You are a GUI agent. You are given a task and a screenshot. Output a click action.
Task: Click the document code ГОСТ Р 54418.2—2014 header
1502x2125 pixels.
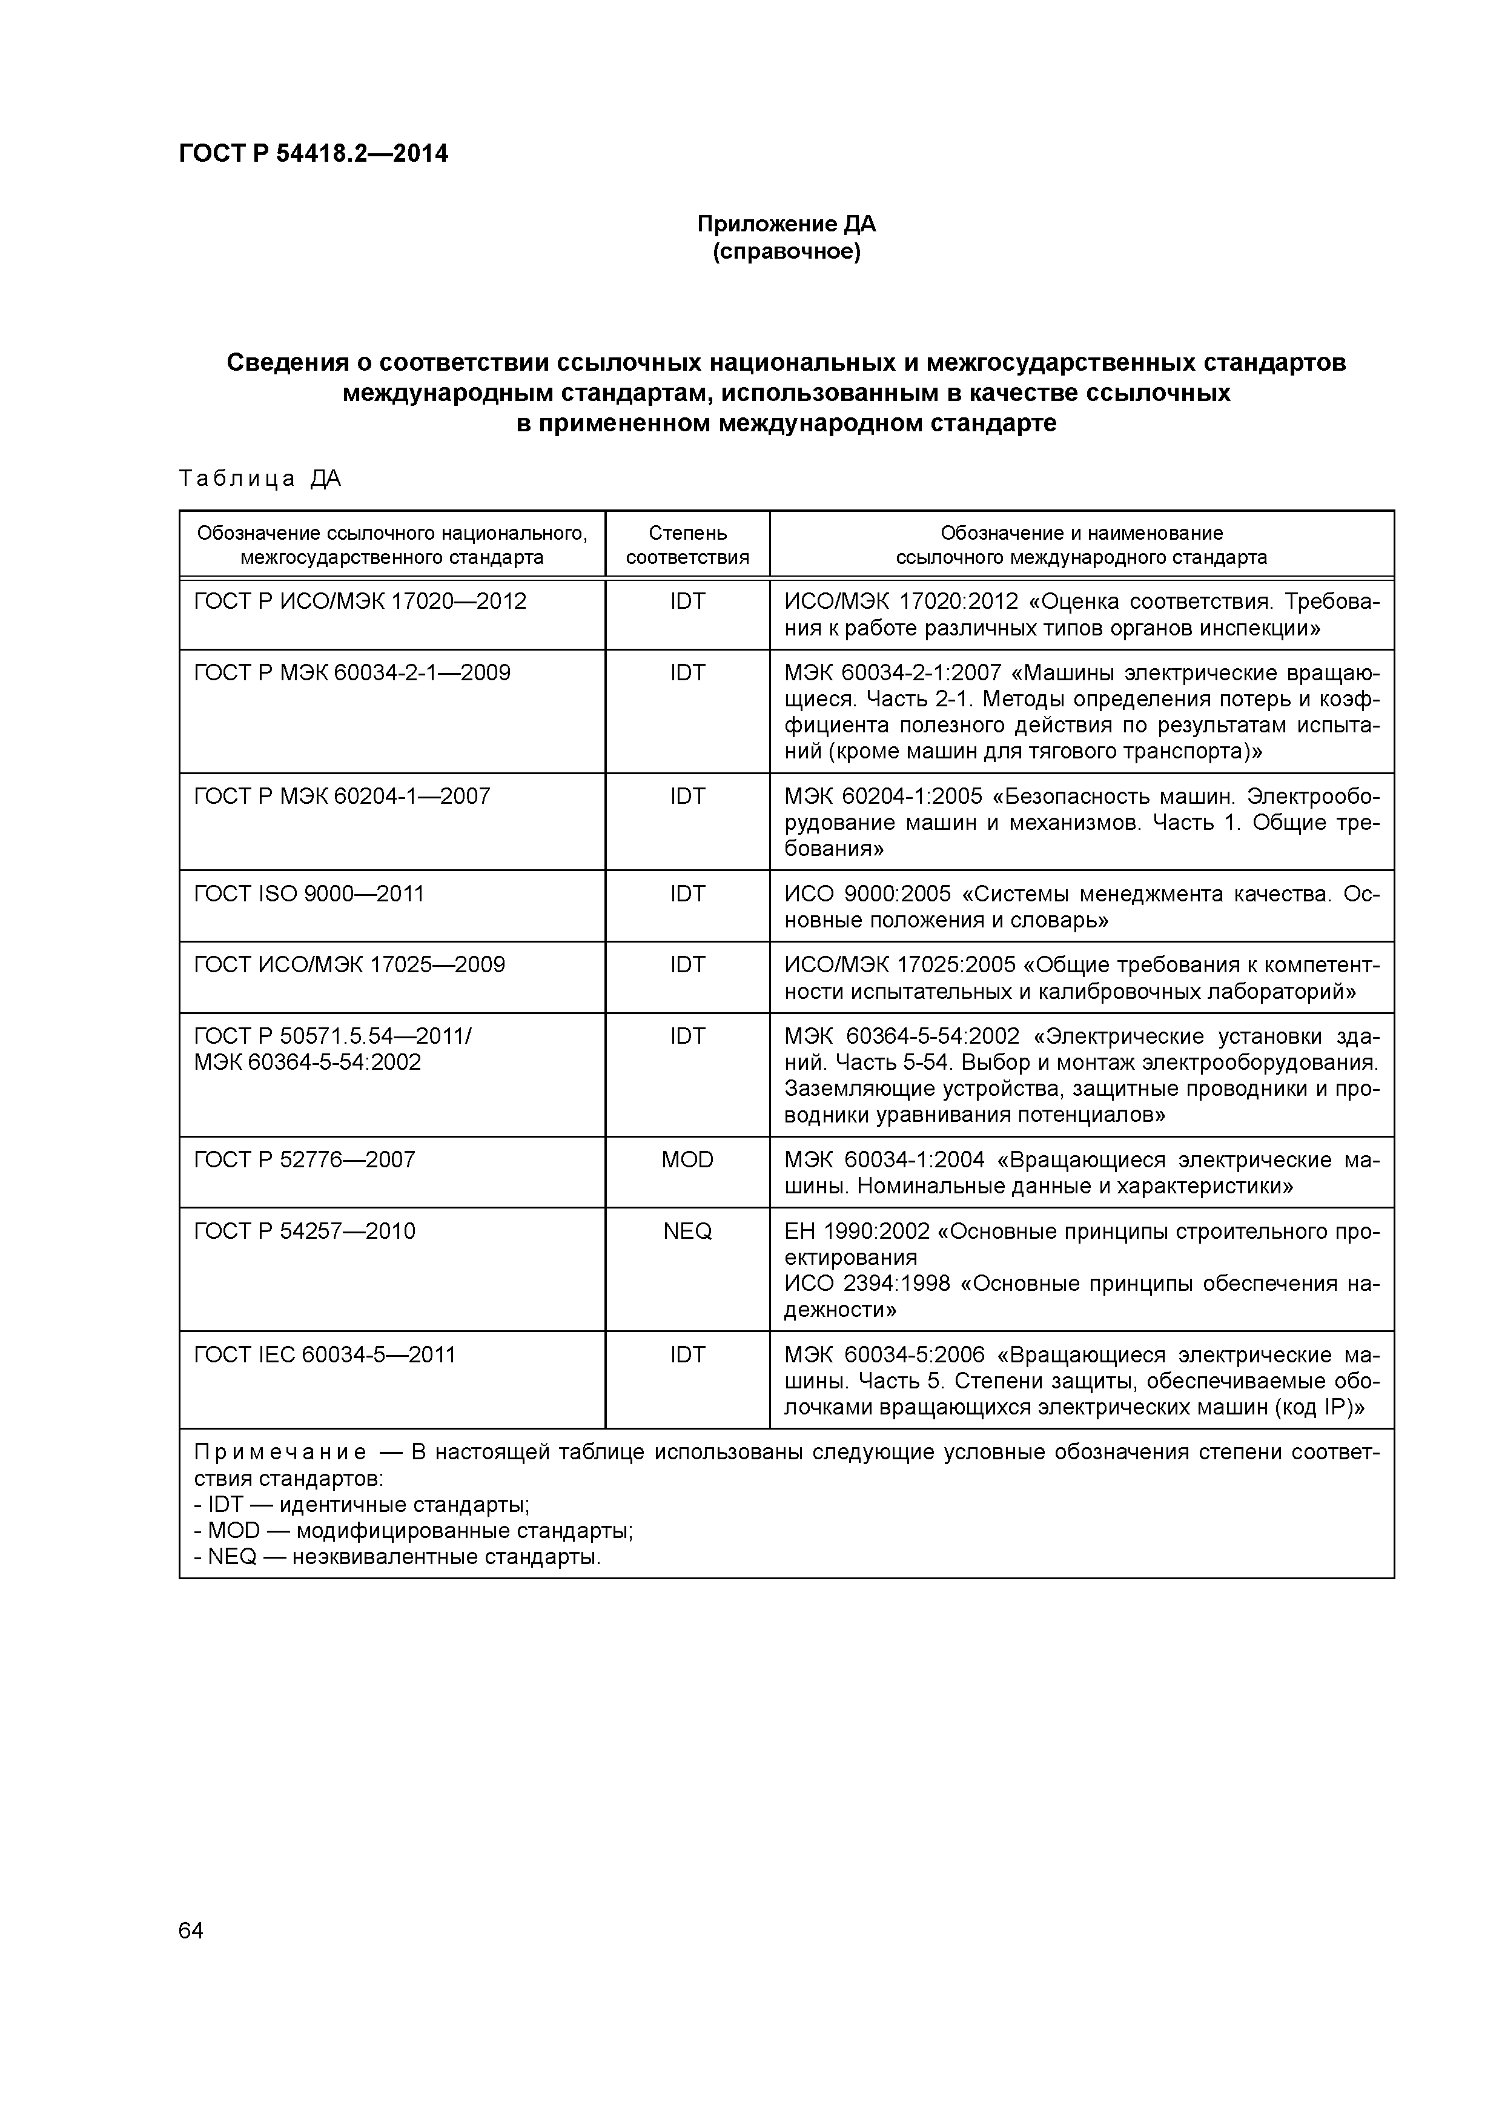coord(313,154)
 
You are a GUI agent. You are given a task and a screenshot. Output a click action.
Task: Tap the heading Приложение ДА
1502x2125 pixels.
coord(786,224)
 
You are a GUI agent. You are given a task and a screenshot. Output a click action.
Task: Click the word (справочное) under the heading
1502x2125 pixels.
coord(786,252)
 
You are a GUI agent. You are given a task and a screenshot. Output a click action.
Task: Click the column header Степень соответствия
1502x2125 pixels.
coord(687,545)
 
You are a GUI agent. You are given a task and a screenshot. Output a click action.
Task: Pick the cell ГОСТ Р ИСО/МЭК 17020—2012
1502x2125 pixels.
coord(360,602)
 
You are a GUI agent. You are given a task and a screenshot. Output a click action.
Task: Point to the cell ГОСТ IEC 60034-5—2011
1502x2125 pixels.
coord(325,1355)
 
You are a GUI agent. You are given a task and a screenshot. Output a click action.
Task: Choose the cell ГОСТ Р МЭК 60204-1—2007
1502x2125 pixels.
coord(342,797)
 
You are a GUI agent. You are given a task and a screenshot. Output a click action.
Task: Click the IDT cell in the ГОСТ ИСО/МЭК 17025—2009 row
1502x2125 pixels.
coord(687,966)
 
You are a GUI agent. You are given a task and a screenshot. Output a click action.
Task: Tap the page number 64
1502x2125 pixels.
coord(191,1931)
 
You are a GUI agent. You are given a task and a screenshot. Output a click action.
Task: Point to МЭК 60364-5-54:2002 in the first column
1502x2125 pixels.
coord(307,1062)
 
